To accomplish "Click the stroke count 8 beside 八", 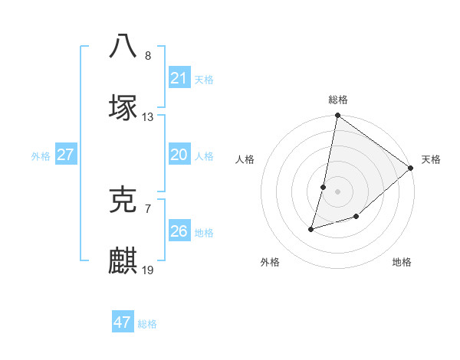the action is pyautogui.click(x=148, y=56).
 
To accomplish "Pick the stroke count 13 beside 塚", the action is pyautogui.click(x=148, y=117).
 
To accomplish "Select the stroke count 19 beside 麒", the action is pyautogui.click(x=148, y=270).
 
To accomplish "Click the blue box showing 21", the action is pyautogui.click(x=179, y=77).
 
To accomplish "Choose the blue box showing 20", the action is pyautogui.click(x=179, y=155).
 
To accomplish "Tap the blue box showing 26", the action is pyautogui.click(x=179, y=231).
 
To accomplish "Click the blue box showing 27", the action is pyautogui.click(x=65, y=155).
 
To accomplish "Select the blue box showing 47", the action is pyautogui.click(x=122, y=322).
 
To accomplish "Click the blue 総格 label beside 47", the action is pyautogui.click(x=147, y=324).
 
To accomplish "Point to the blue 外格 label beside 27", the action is pyautogui.click(x=41, y=156).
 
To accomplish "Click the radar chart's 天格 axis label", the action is pyautogui.click(x=431, y=159).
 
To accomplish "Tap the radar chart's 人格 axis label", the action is pyautogui.click(x=245, y=159).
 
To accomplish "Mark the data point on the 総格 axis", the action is pyautogui.click(x=337, y=116).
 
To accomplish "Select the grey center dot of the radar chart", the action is pyautogui.click(x=337, y=191).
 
